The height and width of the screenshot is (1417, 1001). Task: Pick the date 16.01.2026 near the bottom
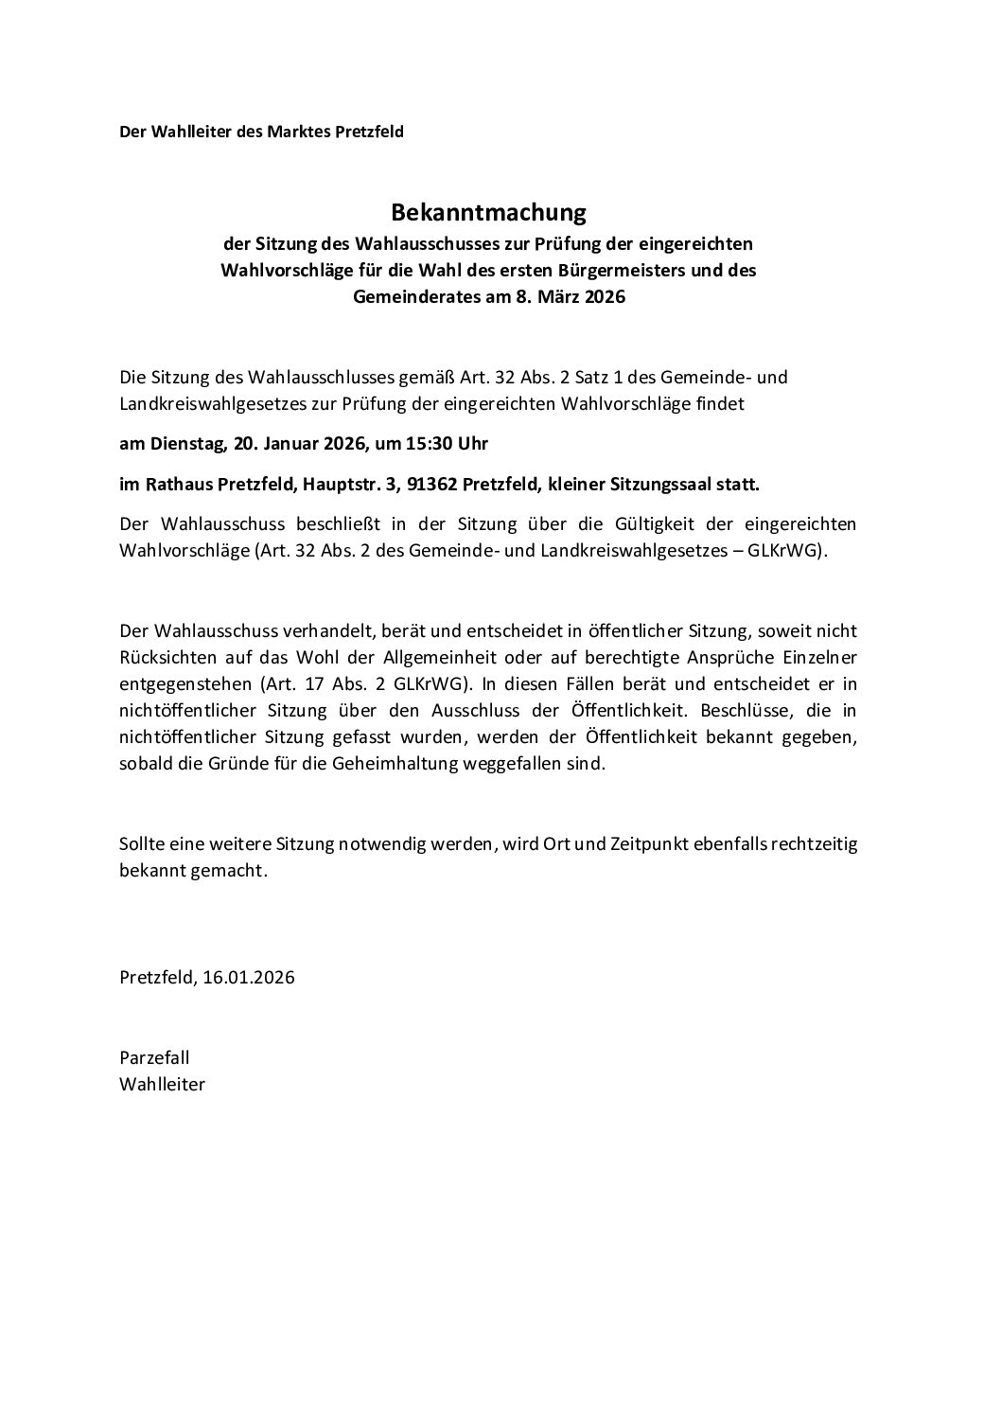click(x=249, y=978)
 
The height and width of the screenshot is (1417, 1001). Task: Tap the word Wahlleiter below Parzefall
click(x=163, y=1084)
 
